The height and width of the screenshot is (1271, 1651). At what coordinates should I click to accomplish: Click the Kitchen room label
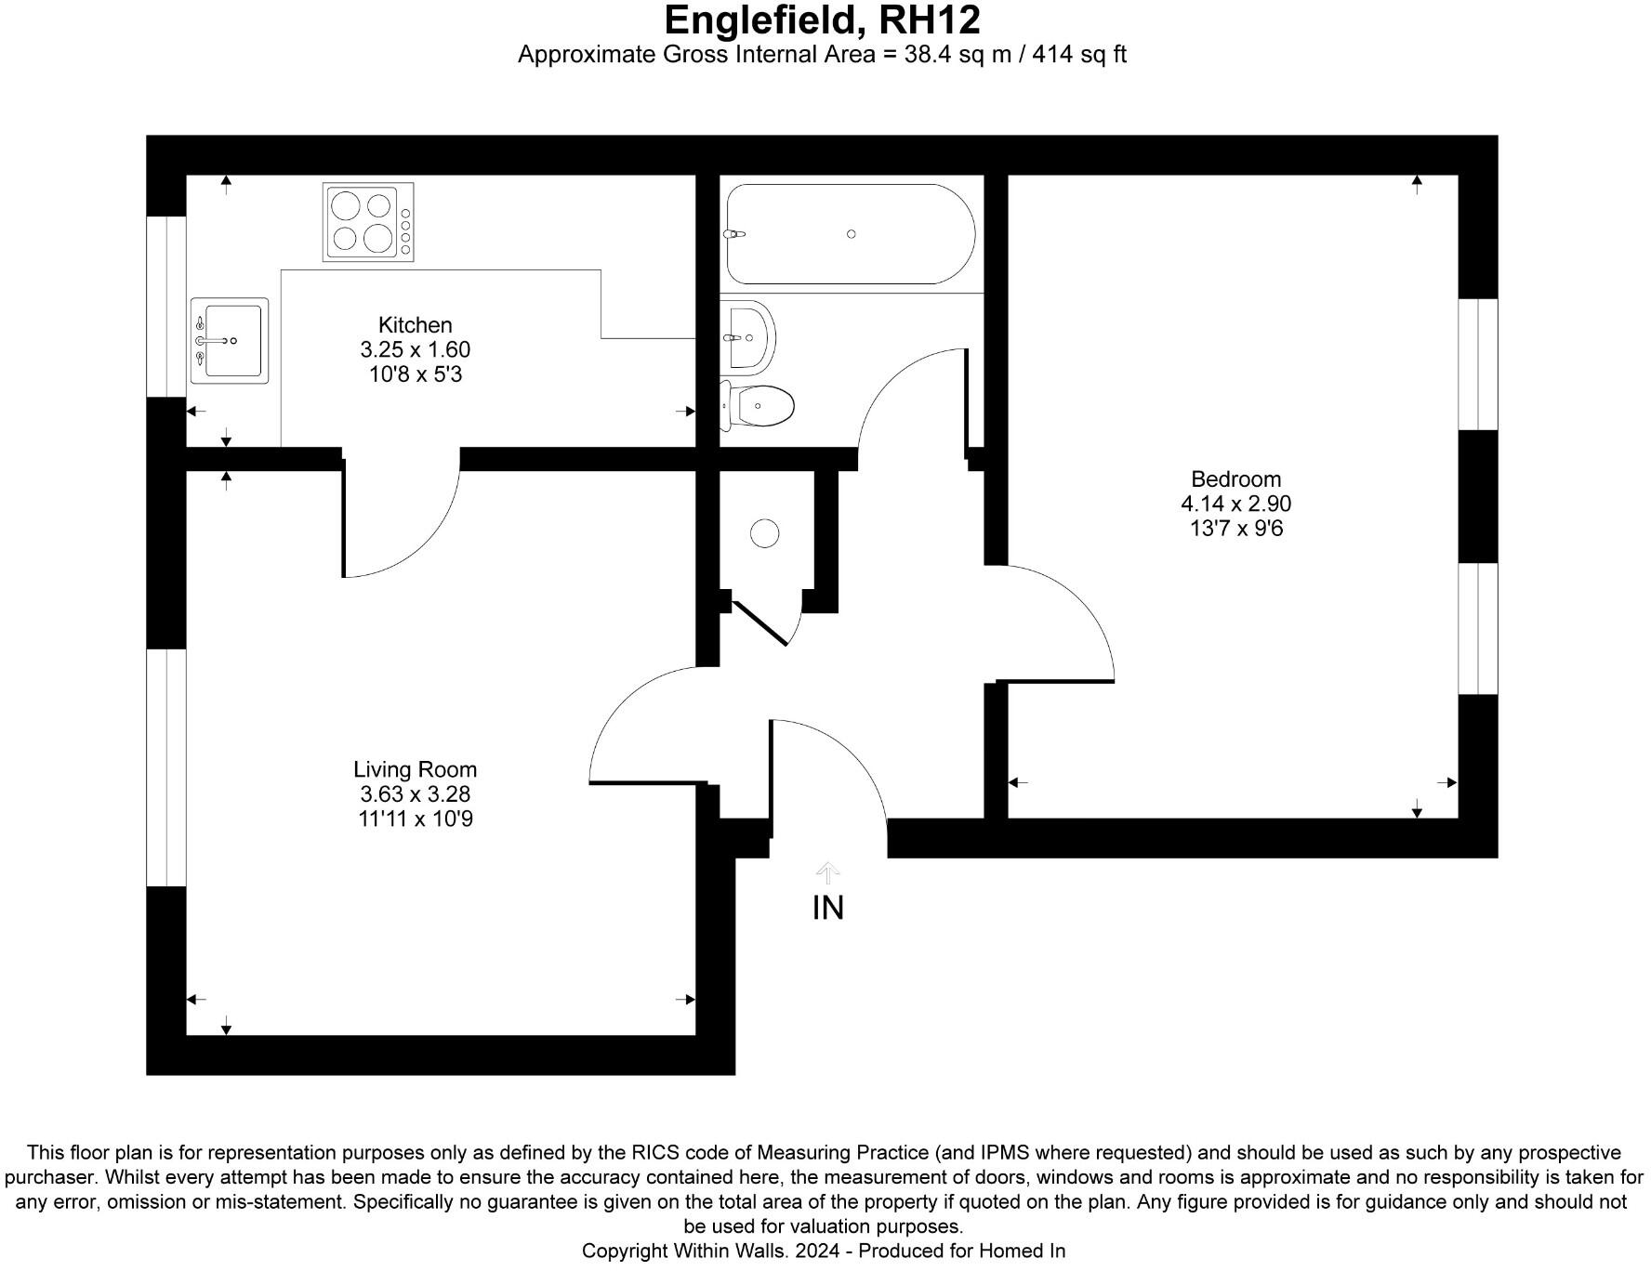click(415, 325)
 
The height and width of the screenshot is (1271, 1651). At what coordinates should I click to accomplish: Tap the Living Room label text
click(415, 769)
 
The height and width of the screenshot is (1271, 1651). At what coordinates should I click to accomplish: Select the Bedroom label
click(1235, 479)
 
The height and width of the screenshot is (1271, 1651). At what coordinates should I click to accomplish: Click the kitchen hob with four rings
click(368, 222)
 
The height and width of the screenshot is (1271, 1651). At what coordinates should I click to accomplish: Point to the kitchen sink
click(229, 340)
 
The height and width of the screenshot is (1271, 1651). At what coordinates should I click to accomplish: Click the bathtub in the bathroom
click(850, 234)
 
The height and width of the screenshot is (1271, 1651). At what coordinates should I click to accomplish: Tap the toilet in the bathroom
click(758, 406)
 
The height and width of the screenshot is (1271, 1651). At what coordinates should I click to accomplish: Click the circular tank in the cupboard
click(764, 533)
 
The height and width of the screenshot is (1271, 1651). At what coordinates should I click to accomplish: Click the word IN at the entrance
click(827, 908)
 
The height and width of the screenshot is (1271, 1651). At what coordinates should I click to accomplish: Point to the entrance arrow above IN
click(827, 872)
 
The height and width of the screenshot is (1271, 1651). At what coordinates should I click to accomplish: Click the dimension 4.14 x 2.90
click(1235, 504)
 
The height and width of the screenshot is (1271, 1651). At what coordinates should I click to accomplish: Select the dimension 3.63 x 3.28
click(415, 794)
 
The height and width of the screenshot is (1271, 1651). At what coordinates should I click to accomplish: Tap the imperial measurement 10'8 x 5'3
click(415, 374)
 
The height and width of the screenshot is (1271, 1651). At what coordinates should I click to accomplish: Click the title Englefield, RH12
click(822, 20)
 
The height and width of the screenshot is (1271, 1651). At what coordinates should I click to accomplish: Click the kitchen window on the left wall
click(167, 307)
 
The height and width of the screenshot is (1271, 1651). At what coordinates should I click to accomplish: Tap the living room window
click(167, 767)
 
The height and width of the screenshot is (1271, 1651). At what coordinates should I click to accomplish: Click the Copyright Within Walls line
click(823, 1251)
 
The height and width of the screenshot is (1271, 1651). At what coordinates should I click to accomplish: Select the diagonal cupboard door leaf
click(760, 622)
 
